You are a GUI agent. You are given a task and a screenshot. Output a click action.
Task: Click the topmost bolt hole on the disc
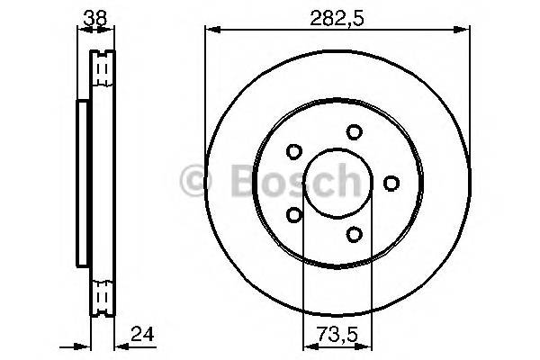click(354, 132)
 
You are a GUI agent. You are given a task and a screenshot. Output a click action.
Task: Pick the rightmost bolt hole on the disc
click(391, 184)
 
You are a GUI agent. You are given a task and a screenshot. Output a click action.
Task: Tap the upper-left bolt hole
click(294, 152)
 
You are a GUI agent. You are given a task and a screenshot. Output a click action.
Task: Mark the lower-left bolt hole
click(294, 214)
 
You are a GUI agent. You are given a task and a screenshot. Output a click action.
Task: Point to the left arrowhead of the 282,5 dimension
click(211, 30)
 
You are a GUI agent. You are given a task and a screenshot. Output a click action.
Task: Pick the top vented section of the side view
click(103, 69)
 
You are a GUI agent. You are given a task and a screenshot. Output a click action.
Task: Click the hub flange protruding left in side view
click(83, 184)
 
